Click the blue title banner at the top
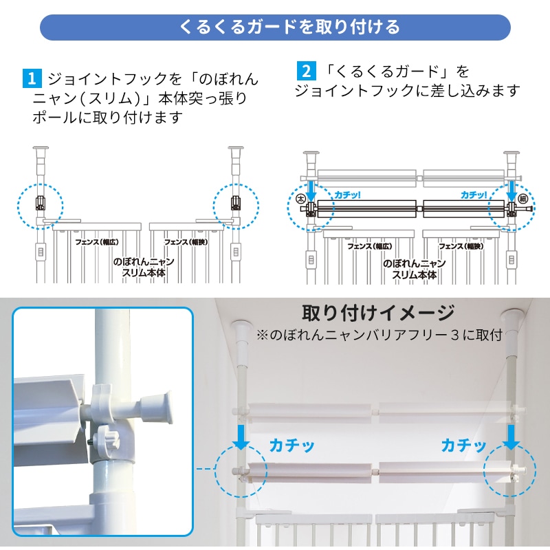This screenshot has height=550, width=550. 275,27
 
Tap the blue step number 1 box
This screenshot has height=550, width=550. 32,78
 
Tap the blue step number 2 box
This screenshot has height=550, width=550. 306,71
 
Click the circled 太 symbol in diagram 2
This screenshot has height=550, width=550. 301,199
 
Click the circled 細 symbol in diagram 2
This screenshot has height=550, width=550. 523,199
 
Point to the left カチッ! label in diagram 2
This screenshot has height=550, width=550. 347,195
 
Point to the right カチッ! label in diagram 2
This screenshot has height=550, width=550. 474,195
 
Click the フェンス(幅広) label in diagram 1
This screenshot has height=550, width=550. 97,242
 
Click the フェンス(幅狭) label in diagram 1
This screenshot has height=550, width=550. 186,242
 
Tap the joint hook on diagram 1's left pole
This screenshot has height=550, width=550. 41,203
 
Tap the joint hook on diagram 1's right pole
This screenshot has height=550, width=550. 236,203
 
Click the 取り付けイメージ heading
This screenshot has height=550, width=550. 379,313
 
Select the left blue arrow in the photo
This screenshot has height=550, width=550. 241,437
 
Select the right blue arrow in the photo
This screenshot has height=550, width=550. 511,437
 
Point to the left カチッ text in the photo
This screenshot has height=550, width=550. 291,445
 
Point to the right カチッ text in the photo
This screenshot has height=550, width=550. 463,445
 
